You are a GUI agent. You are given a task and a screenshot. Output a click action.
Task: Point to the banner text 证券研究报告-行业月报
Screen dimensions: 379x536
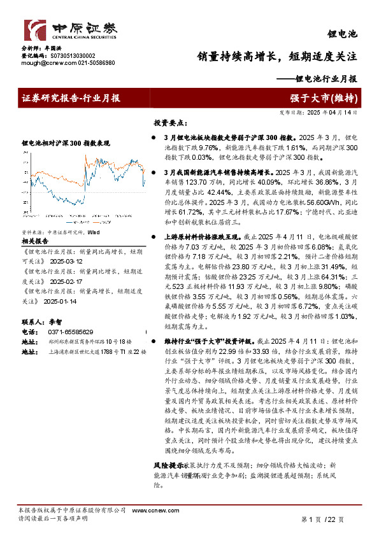(71, 98)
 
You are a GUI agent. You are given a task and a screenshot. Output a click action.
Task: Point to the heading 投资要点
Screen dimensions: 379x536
(168, 122)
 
